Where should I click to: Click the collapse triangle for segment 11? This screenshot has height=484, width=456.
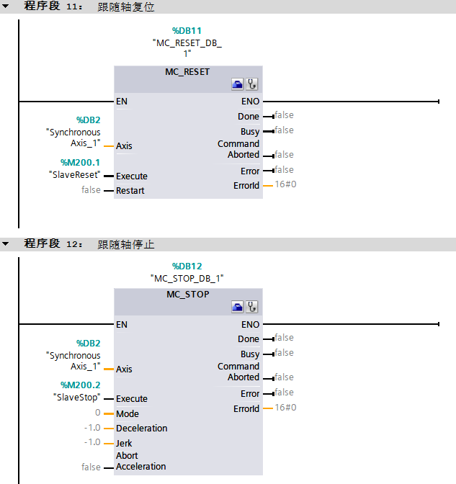click(6, 6)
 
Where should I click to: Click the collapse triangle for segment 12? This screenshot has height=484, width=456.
click(6, 244)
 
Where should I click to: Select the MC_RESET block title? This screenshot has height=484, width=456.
click(187, 72)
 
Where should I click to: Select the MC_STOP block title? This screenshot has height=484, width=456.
click(187, 295)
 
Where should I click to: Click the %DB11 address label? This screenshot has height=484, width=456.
click(187, 31)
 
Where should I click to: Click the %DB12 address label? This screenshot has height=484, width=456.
click(187, 266)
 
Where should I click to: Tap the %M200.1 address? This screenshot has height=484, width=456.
click(80, 162)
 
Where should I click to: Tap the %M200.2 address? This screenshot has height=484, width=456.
click(80, 385)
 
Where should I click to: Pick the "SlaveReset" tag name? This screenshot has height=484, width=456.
click(73, 174)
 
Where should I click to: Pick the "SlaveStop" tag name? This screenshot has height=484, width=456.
click(76, 397)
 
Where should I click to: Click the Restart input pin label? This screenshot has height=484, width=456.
click(130, 191)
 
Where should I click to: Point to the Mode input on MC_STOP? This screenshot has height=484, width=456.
click(128, 413)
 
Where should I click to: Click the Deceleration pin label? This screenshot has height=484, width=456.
click(141, 429)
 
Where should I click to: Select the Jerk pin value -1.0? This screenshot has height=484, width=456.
click(92, 443)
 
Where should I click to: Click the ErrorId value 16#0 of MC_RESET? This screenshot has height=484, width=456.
click(286, 185)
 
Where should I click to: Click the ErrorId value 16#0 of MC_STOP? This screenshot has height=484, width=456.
click(286, 408)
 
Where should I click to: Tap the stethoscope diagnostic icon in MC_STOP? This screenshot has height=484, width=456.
click(252, 308)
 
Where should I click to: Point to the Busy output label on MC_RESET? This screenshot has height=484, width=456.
click(250, 132)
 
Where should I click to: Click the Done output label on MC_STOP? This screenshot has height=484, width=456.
click(249, 339)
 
